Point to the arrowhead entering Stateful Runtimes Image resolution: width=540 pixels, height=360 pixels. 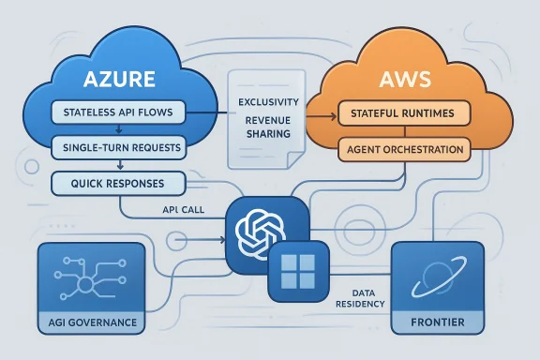331,117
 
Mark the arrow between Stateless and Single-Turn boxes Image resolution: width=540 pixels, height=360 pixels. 117,132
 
